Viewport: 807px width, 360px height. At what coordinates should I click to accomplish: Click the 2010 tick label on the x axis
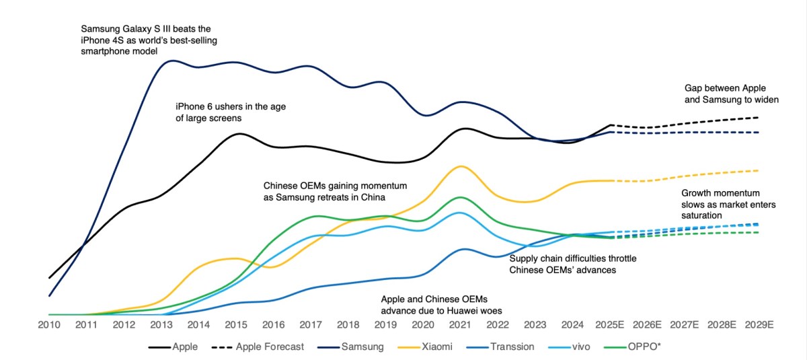pyautogui.click(x=49, y=324)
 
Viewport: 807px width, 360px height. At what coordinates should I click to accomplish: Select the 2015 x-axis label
pyautogui.click(x=235, y=324)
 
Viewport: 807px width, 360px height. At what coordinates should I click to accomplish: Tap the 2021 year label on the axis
pyautogui.click(x=459, y=324)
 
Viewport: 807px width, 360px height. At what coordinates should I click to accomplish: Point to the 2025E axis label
pyautogui.click(x=611, y=324)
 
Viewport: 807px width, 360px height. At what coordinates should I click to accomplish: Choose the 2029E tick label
pyautogui.click(x=761, y=324)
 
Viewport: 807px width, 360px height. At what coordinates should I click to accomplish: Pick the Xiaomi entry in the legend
pyautogui.click(x=436, y=347)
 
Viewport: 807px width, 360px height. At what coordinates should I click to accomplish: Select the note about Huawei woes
pyautogui.click(x=441, y=304)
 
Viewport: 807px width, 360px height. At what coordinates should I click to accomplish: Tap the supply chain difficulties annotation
pyautogui.click(x=573, y=264)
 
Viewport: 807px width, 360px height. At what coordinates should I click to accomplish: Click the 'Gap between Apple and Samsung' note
pyautogui.click(x=731, y=94)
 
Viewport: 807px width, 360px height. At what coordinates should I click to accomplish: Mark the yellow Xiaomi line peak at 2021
pyautogui.click(x=460, y=166)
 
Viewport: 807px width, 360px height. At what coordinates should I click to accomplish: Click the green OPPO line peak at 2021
pyautogui.click(x=460, y=197)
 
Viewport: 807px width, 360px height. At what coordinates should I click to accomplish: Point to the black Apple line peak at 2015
pyautogui.click(x=239, y=133)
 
